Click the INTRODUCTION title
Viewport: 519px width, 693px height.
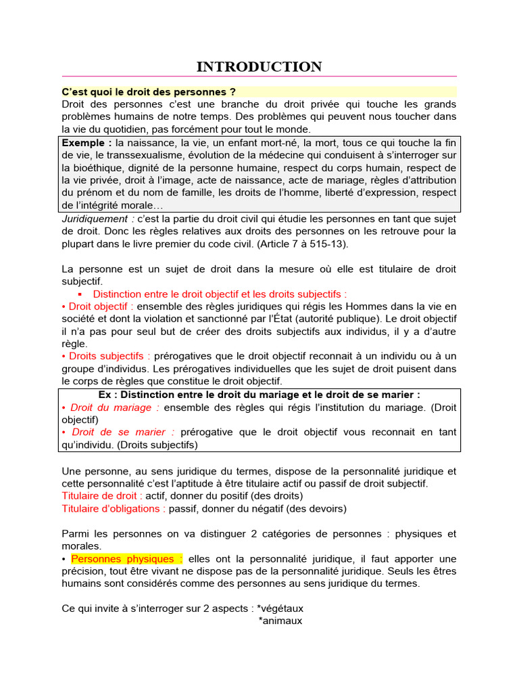[x=259, y=66]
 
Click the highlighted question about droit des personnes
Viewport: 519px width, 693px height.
[x=149, y=91]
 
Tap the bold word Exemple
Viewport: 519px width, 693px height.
[x=87, y=143]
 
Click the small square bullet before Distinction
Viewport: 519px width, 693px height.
[x=80, y=294]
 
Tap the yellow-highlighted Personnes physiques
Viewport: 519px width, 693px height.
[x=126, y=558]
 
